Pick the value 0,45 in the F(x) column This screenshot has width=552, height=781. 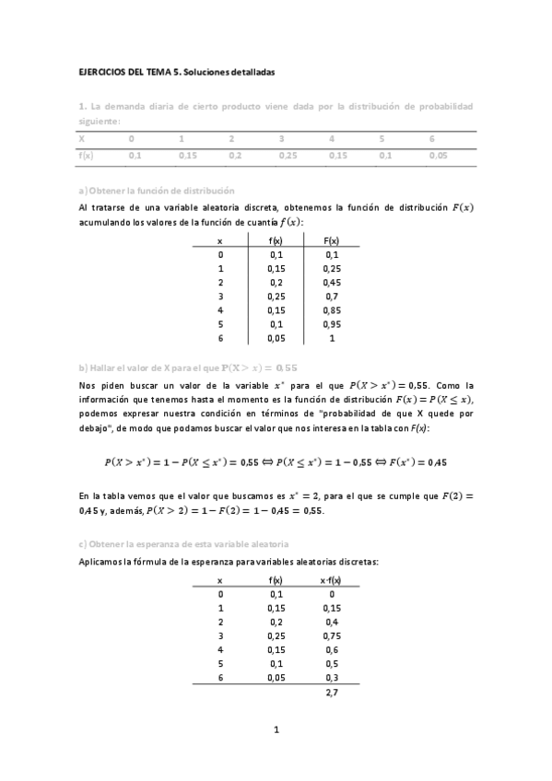click(x=332, y=283)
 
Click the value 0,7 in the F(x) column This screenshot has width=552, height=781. click(x=332, y=297)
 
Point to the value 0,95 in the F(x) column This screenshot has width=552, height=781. click(x=332, y=325)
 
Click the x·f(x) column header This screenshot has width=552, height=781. click(x=331, y=580)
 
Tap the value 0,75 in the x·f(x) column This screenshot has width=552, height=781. click(x=331, y=635)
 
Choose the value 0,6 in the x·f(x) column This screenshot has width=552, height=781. click(x=331, y=649)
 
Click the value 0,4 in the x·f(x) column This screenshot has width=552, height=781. click(x=331, y=622)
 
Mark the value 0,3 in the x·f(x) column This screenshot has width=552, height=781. click(x=331, y=677)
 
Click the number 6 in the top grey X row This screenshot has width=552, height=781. click(x=431, y=138)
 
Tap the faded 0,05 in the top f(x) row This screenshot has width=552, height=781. click(x=438, y=156)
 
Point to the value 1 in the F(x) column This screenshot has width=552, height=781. click(x=332, y=339)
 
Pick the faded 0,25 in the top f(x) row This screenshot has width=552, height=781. click(x=288, y=156)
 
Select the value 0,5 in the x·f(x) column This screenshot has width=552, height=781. click(x=331, y=663)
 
